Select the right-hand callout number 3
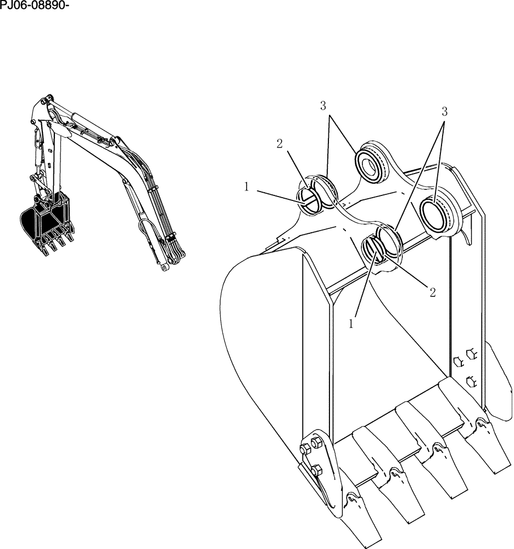[444, 111]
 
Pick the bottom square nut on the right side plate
[471, 380]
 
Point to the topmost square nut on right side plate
[471, 351]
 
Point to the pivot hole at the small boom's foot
[163, 268]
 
